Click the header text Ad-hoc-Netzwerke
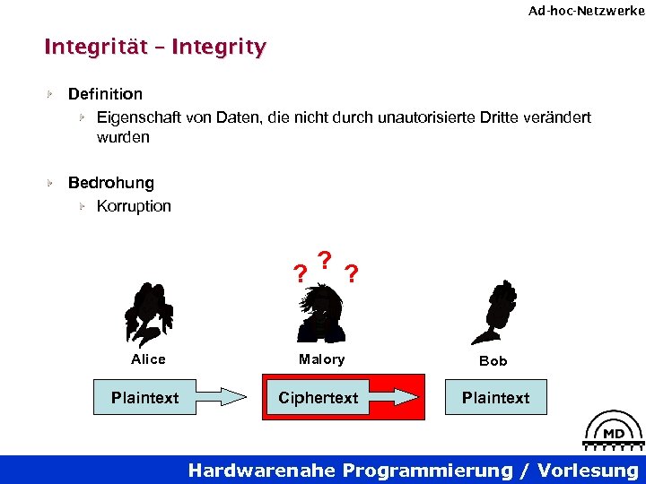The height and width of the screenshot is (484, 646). [586, 11]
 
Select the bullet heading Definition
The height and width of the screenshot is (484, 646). [105, 94]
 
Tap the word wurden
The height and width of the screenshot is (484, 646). [123, 138]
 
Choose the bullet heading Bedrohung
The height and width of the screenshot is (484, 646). [111, 183]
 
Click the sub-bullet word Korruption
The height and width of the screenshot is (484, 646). [134, 206]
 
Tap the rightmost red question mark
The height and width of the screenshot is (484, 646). [353, 273]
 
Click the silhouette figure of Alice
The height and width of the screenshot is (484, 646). [148, 313]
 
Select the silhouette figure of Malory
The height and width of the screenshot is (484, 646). [321, 313]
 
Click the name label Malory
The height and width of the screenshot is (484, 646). [321, 359]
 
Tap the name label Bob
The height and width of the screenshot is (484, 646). [493, 360]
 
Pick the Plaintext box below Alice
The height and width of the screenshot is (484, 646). [144, 397]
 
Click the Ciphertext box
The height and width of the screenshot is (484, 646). [318, 397]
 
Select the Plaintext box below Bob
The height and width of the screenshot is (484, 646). [495, 397]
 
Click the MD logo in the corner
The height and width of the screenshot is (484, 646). [614, 433]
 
